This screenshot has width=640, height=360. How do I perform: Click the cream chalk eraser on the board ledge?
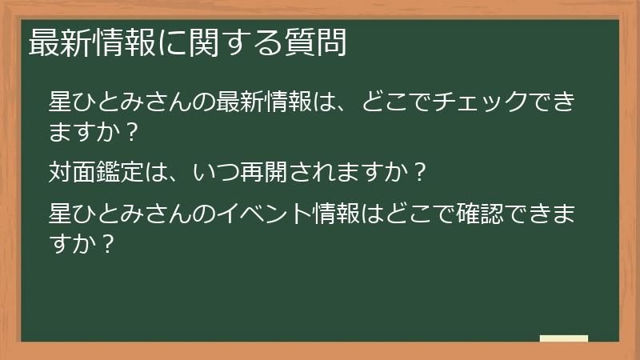point(564,339)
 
